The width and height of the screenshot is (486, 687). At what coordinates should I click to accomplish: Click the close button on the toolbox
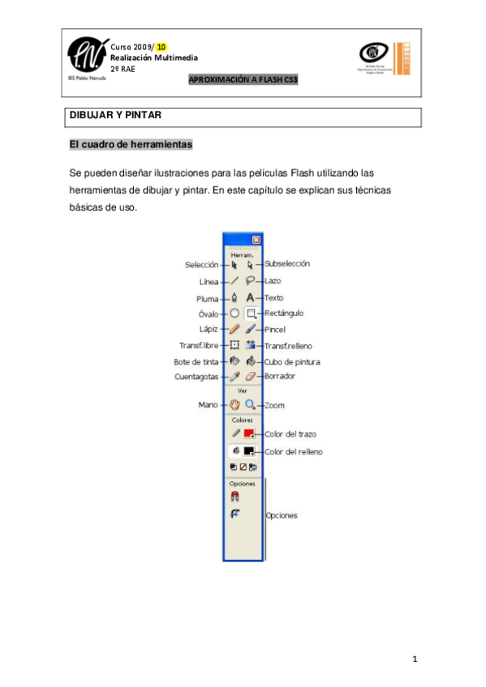(x=256, y=240)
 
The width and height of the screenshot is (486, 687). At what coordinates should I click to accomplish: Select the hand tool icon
(x=234, y=404)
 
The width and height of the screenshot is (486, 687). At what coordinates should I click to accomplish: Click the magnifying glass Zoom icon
(x=251, y=404)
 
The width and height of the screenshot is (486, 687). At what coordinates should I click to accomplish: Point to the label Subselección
(x=287, y=263)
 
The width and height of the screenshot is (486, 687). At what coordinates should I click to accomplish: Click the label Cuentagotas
(x=195, y=377)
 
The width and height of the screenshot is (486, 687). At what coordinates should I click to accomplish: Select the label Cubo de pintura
(x=292, y=361)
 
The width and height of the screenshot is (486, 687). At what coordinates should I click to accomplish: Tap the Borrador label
(x=280, y=377)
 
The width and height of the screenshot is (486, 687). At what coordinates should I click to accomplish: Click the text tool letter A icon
(x=251, y=298)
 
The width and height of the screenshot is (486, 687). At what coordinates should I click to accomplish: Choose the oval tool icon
(x=234, y=314)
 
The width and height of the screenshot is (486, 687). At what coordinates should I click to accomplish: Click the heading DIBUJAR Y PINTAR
(x=115, y=116)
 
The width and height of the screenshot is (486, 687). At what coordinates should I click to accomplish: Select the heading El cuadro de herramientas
(x=131, y=145)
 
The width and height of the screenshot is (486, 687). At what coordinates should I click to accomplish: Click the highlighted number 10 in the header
(x=161, y=47)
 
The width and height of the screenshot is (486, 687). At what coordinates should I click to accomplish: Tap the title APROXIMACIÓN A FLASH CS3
(x=243, y=80)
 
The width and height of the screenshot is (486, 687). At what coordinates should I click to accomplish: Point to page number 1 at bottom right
(x=415, y=659)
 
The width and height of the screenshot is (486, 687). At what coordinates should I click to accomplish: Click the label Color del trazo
(x=291, y=435)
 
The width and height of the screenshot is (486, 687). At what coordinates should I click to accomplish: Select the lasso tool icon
(x=251, y=281)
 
